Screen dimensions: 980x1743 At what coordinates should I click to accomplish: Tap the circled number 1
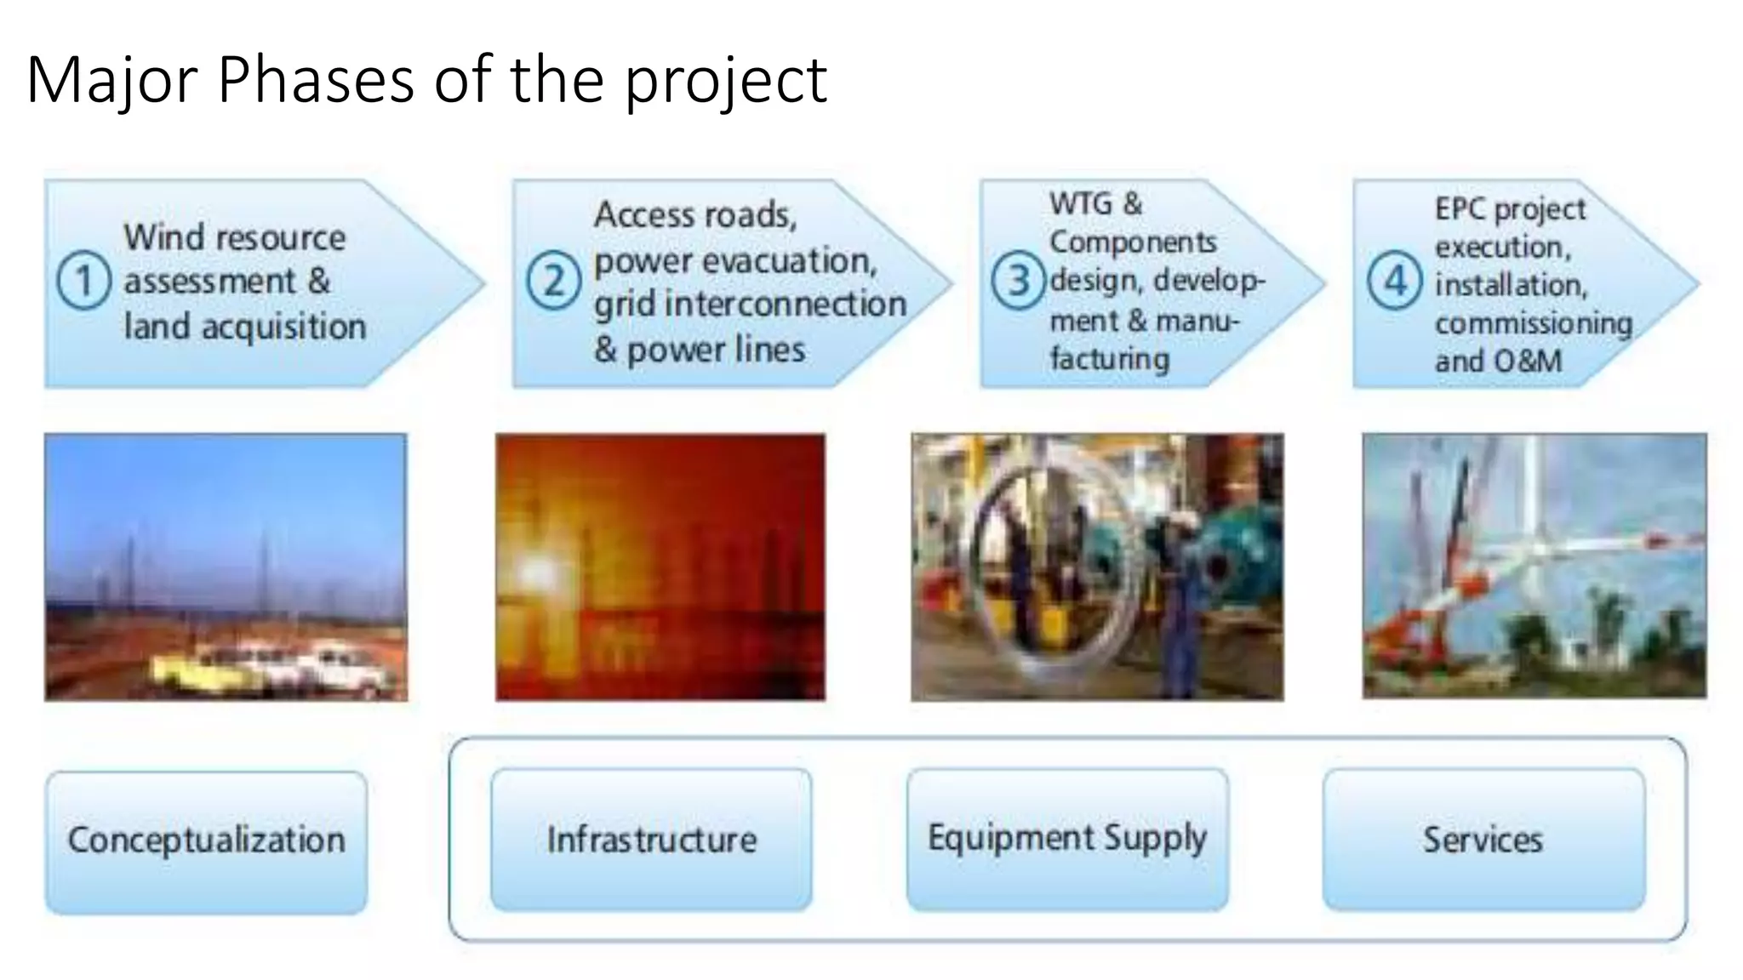pos(83,281)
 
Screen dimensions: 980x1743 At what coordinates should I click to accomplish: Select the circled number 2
pos(553,281)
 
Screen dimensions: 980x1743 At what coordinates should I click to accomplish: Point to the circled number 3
pos(1018,281)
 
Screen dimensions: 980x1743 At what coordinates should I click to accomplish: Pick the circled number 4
pos(1394,281)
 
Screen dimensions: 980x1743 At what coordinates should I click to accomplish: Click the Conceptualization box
pos(207,840)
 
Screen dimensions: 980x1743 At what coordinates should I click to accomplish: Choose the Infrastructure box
pos(651,840)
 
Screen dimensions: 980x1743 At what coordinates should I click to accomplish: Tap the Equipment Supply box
pos(1067,839)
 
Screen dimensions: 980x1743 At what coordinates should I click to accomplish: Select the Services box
pos(1483,840)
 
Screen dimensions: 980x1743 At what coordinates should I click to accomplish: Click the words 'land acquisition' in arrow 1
pos(245,327)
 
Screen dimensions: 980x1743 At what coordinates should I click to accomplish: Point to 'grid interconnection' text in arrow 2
pos(750,305)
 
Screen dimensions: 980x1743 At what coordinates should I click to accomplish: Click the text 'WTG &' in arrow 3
pos(1095,204)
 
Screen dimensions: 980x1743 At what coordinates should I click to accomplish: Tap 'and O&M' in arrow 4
pos(1498,361)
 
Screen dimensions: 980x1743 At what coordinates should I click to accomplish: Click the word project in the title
pos(726,80)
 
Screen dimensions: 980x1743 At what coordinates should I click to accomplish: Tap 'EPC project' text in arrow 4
pos(1510,209)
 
